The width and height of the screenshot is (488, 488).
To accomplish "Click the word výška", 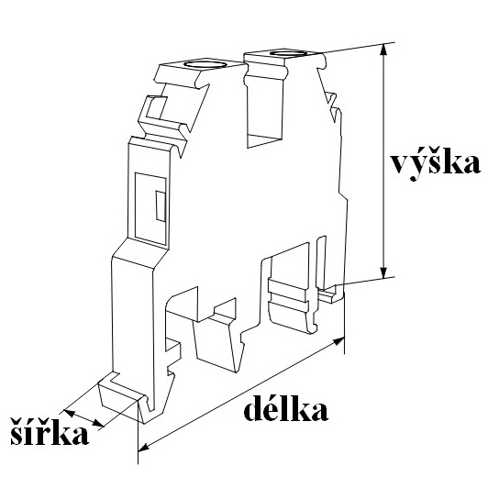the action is click(x=436, y=163).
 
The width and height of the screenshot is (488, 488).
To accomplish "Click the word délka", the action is click(x=285, y=407).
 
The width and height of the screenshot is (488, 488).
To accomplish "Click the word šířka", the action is click(x=50, y=430).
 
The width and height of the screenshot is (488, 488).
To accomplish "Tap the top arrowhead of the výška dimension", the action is click(x=384, y=50).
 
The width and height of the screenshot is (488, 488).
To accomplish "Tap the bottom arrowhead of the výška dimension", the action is click(x=384, y=272).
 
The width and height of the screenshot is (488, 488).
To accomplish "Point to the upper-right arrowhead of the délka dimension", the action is click(x=338, y=340).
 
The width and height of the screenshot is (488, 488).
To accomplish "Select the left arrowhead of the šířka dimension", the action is click(x=70, y=413).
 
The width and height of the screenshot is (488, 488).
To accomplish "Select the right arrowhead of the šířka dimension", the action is click(x=98, y=423).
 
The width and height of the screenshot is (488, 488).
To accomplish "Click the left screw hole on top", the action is click(x=205, y=64).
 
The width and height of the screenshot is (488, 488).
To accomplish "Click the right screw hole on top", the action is click(x=288, y=53).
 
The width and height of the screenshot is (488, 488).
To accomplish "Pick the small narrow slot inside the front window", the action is click(x=161, y=206).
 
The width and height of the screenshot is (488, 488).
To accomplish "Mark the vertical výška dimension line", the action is click(x=384, y=161).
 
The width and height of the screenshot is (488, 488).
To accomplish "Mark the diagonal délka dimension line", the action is click(x=241, y=394).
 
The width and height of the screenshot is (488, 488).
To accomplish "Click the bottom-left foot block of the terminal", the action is click(x=120, y=398).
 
